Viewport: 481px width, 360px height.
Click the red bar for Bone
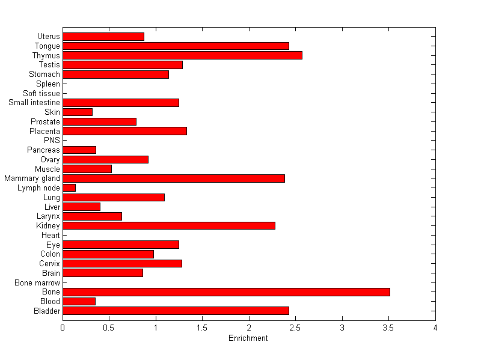[x=226, y=292]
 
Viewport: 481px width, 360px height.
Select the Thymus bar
[x=182, y=55]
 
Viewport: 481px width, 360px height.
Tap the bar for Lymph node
[x=69, y=188]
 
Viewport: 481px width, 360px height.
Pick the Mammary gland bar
[x=174, y=178]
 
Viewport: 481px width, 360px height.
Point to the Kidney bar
[x=169, y=226]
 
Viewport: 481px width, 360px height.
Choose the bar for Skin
[x=78, y=112]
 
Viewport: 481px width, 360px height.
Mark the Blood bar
[x=79, y=302]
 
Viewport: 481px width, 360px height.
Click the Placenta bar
[x=124, y=131]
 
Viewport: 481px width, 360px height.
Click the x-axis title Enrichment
[x=248, y=338]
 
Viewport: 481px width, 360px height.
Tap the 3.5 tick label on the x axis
[x=388, y=328]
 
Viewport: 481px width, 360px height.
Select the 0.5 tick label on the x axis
[x=109, y=328]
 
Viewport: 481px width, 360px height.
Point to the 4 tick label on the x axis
[x=435, y=328]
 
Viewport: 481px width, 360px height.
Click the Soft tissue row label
[x=41, y=93]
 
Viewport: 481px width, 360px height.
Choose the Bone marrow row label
[x=37, y=282]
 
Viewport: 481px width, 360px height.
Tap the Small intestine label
[x=34, y=103]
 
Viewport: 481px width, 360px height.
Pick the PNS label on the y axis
[x=52, y=141]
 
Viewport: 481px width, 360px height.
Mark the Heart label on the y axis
[x=51, y=235]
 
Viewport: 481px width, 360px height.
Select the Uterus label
[x=48, y=37]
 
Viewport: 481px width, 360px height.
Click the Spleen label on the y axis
[x=48, y=84]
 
